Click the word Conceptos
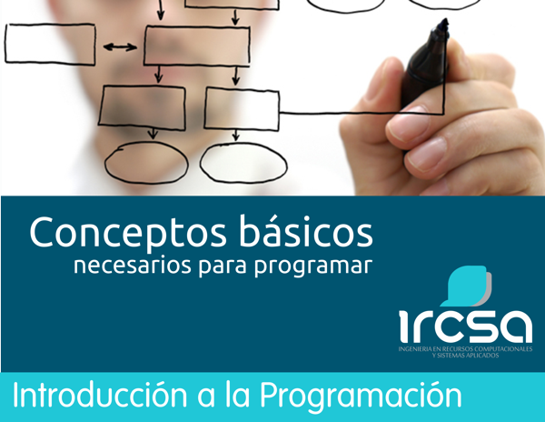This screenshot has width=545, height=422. [x=128, y=233]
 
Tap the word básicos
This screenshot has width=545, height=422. [x=306, y=231]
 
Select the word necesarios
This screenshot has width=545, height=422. [x=133, y=265]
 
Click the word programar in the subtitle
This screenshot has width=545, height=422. [x=313, y=267]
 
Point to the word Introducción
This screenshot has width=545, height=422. [x=100, y=394]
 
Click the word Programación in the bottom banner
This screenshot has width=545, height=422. [x=361, y=397]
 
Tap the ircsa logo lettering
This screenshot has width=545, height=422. [x=466, y=326]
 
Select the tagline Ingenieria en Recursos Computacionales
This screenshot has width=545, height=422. [x=465, y=348]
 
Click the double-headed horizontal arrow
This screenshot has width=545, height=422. [x=120, y=47]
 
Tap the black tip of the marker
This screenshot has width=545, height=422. [x=442, y=25]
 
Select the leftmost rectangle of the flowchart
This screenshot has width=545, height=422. [x=50, y=45]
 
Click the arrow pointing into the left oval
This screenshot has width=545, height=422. [x=153, y=135]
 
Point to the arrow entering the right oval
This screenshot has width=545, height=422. [x=236, y=135]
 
